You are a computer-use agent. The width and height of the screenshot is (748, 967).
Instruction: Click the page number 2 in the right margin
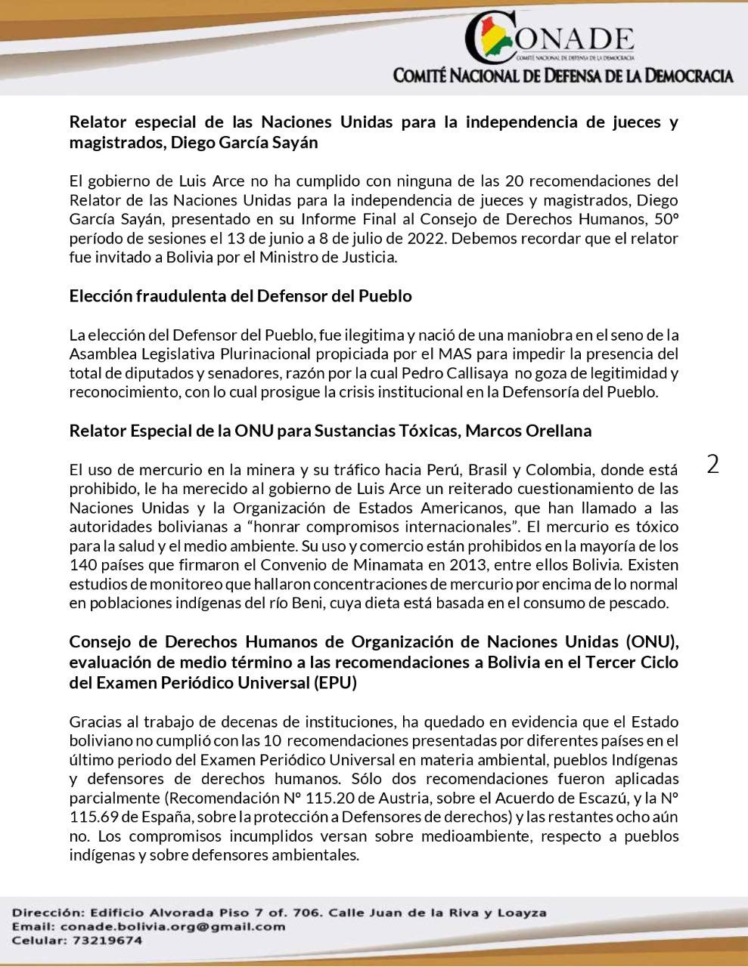click(712, 464)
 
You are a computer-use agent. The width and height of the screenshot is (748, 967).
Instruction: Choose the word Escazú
click(592, 799)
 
